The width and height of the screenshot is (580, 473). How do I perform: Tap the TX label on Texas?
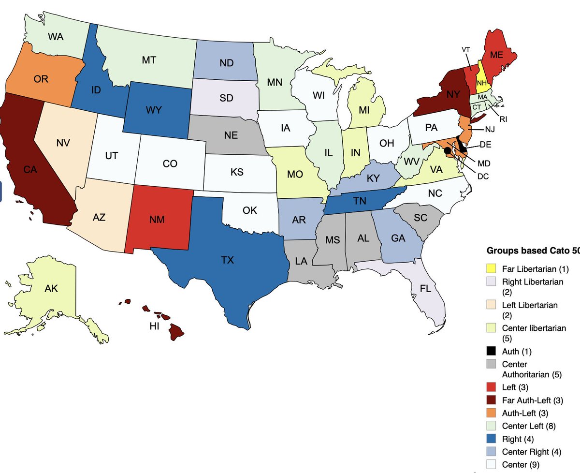tap(227, 260)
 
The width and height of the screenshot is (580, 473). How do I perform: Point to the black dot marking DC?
tap(448, 151)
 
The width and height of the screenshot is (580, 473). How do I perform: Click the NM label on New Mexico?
tap(157, 220)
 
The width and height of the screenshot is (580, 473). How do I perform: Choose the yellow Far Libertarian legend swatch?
tap(492, 268)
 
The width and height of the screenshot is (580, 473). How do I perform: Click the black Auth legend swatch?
tap(492, 352)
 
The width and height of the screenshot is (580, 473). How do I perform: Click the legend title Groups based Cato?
tap(532, 251)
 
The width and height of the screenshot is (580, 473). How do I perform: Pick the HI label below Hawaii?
tap(154, 326)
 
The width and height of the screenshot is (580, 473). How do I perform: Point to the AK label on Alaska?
tap(51, 289)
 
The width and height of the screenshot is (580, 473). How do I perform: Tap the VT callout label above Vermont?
tap(466, 49)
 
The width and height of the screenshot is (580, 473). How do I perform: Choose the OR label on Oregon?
tap(41, 79)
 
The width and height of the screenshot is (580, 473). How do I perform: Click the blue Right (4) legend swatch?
tap(492, 439)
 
